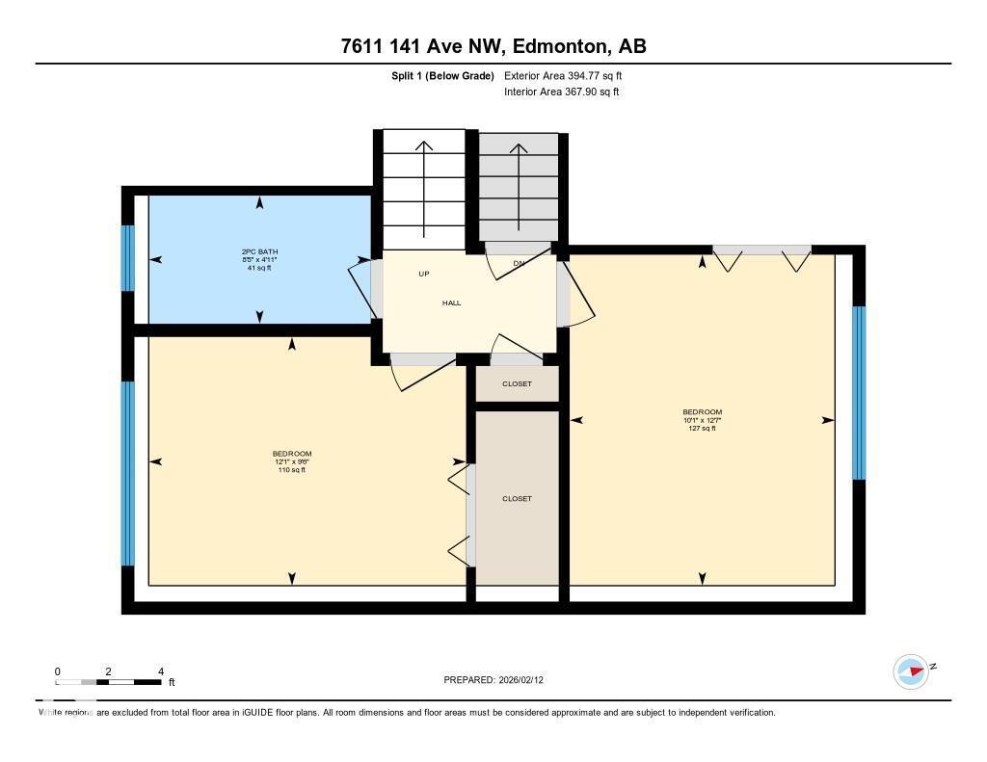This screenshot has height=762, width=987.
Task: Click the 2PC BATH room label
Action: [258, 251]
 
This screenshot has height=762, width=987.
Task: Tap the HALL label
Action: [451, 302]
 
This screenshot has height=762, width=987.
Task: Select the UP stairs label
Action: [423, 274]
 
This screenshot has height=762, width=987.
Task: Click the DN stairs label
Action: [519, 263]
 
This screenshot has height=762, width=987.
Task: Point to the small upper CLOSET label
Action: [517, 383]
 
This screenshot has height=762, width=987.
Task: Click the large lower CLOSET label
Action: [517, 498]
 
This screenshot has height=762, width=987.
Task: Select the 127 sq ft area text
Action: [702, 429]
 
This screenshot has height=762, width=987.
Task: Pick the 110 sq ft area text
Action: [291, 470]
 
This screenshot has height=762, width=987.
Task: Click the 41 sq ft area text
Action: [258, 268]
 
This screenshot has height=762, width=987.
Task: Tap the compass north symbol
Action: [911, 670]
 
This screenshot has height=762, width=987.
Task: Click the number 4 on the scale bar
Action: [161, 671]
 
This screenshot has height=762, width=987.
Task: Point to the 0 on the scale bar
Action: [58, 671]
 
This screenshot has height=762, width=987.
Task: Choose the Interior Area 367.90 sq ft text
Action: [561, 92]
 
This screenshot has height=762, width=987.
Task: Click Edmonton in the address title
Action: [558, 45]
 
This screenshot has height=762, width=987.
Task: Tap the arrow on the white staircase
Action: [423, 188]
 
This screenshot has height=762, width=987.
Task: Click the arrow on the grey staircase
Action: [519, 188]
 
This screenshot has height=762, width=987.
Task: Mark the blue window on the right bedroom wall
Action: [858, 392]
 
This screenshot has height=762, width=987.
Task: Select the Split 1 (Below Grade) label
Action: [436, 75]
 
